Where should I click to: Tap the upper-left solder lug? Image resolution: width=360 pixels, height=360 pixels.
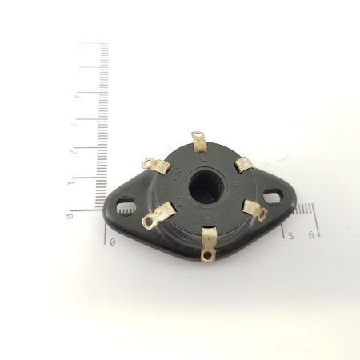[x=156, y=164]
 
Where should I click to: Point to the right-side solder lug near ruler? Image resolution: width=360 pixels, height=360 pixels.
[x=254, y=211]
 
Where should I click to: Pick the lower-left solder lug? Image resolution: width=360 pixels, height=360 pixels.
[x=158, y=214]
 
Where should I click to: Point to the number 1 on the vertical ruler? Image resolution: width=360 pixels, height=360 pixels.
[x=72, y=182]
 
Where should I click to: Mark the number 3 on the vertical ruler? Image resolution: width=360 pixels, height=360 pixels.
[x=74, y=126]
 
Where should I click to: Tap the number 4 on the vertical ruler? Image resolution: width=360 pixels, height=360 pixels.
[x=76, y=97]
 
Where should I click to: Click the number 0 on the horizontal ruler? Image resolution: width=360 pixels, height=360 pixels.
[x=112, y=241]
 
